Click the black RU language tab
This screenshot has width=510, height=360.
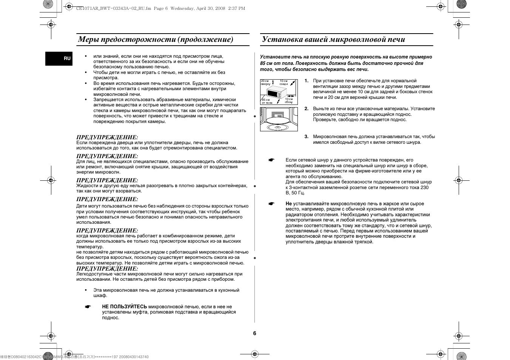pos(59,58)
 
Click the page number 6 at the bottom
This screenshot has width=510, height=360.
pos(254,333)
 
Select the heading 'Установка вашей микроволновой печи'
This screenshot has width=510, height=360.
pos(333,40)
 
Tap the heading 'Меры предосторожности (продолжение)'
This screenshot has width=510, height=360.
pos(156,40)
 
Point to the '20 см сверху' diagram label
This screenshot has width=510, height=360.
pos(265,82)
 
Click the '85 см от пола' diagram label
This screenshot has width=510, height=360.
pos(267,101)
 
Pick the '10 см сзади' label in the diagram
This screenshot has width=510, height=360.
pos(284,82)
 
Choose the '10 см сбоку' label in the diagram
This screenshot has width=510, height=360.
pos(289,100)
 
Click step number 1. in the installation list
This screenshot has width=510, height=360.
pos(307,81)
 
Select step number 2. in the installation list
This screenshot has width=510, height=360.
pos(307,109)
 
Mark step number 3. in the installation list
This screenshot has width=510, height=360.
pos(307,137)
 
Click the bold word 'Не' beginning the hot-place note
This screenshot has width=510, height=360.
pos(289,204)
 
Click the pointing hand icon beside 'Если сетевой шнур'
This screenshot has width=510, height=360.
pos(271,160)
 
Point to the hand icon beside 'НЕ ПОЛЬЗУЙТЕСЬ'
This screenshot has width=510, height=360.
pos(88,307)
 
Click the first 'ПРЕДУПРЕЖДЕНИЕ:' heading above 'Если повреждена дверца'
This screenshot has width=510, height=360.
pos(107,137)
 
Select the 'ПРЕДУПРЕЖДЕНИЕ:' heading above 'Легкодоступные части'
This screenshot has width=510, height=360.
pos(107,269)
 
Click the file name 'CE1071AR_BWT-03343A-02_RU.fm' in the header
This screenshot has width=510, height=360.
pos(113,8)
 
